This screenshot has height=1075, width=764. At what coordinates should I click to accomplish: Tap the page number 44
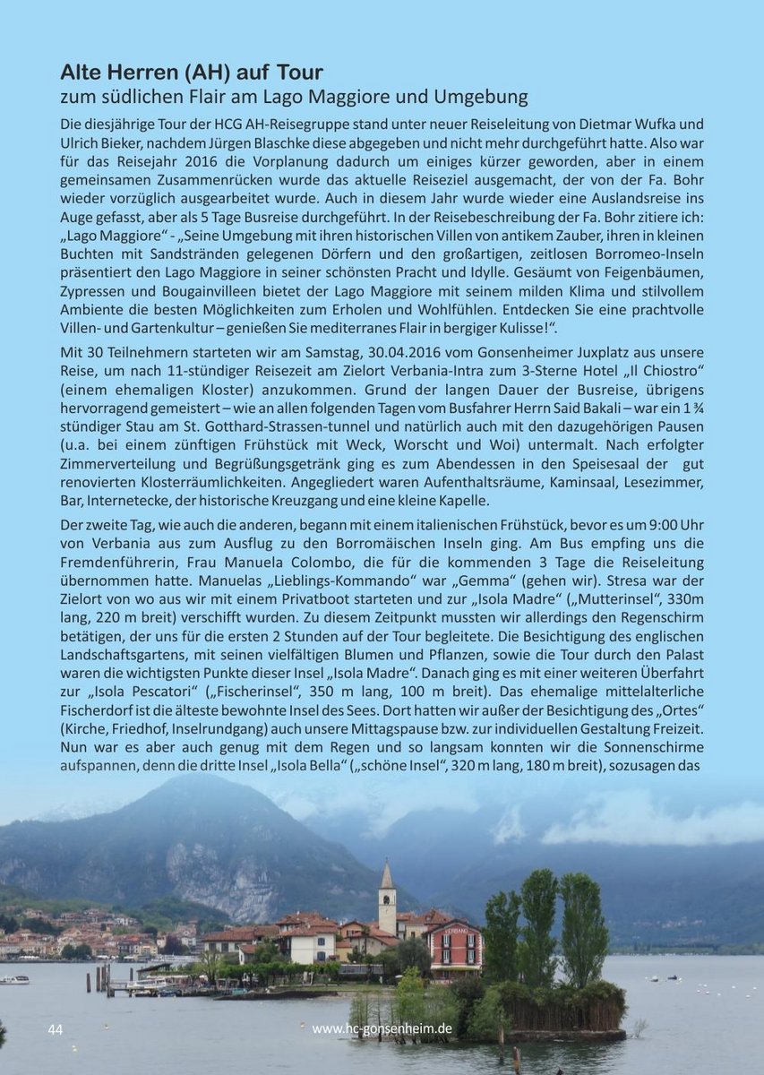56,1029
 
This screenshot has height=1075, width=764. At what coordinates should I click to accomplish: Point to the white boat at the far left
13,979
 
